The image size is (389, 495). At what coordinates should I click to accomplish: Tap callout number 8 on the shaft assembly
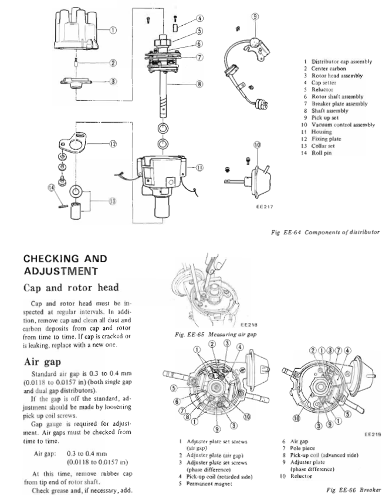coord(200,84)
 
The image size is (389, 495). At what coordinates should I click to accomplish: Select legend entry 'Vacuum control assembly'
coord(342,124)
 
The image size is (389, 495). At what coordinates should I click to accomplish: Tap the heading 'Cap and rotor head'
coord(72,288)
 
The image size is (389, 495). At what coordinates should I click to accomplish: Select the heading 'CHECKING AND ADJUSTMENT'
coord(65,264)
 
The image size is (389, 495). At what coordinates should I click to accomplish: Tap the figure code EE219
coord(373,435)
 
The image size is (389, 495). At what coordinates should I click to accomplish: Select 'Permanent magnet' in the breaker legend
coord(211,483)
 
